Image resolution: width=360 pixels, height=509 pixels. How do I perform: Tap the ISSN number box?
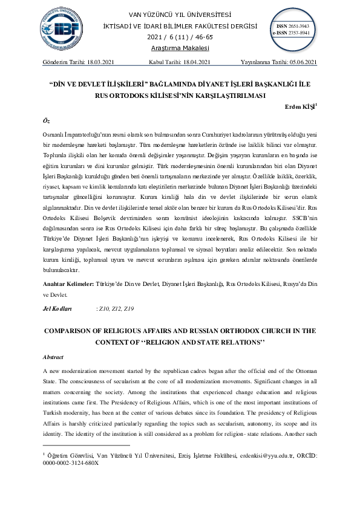(x=292, y=30)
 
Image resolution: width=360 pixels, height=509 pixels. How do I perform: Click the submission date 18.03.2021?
(x=97, y=62)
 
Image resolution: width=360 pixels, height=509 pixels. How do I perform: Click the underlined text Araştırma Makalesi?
(x=180, y=48)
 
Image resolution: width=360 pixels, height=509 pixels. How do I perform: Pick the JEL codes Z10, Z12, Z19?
(x=116, y=309)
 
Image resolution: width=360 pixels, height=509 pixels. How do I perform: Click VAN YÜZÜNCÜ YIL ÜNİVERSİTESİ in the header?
(x=180, y=15)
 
